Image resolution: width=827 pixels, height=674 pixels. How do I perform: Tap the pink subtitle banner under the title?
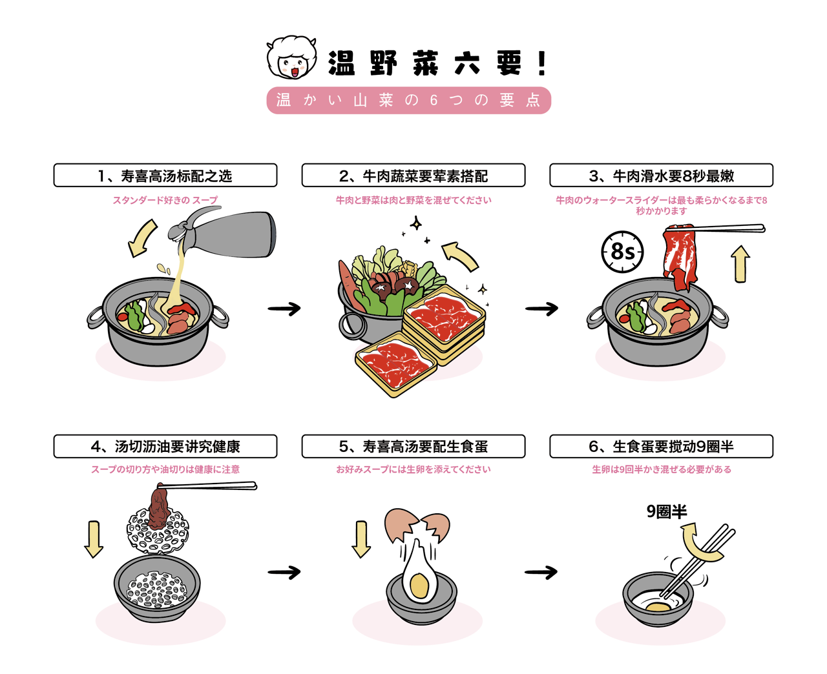(408, 100)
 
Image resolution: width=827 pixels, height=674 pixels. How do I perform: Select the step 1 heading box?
(165, 176)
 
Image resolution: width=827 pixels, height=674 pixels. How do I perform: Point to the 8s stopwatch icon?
(622, 251)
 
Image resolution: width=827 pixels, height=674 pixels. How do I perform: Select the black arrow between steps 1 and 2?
(284, 309)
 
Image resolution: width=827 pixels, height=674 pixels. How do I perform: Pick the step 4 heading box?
(165, 446)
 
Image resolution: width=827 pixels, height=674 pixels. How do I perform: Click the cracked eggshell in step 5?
(417, 524)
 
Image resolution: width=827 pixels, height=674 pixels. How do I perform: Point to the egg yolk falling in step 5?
(419, 586)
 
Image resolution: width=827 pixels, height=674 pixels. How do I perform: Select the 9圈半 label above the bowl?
(667, 512)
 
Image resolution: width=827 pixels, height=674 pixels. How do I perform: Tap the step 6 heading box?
(661, 446)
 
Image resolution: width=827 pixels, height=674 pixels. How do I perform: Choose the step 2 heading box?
(413, 176)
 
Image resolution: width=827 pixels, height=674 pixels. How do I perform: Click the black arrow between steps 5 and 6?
(541, 572)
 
